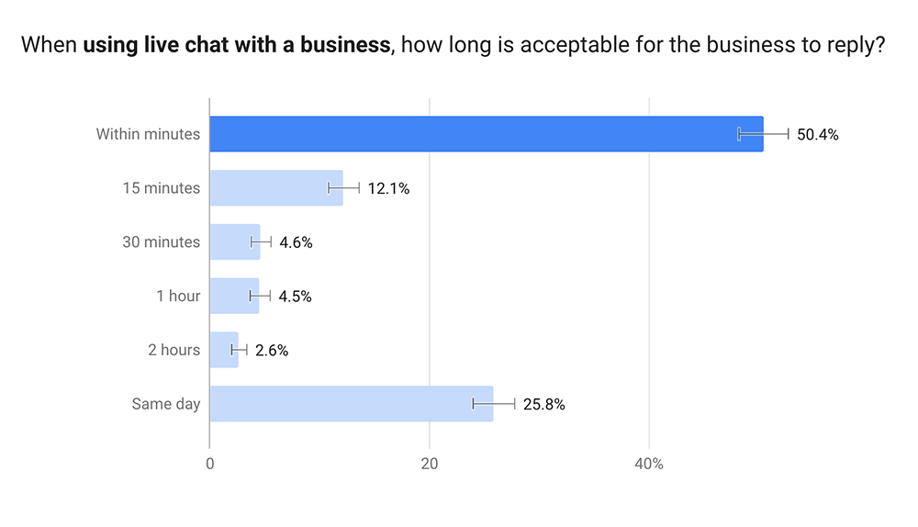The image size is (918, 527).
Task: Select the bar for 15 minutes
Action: click(x=275, y=188)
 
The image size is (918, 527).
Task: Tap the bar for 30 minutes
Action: click(x=234, y=242)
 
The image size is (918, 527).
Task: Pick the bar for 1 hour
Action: click(x=233, y=297)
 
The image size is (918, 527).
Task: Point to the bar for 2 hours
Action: click(x=223, y=350)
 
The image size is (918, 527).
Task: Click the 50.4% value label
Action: click(x=818, y=135)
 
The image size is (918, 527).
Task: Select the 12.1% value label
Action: click(x=388, y=189)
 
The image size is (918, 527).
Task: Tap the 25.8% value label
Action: click(x=544, y=405)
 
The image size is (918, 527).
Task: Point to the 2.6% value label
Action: click(x=272, y=351)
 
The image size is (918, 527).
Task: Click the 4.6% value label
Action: click(x=296, y=243)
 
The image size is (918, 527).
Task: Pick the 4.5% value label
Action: click(x=295, y=297)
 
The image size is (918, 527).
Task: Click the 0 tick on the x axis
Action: click(x=210, y=465)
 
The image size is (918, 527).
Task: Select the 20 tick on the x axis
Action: click(x=430, y=465)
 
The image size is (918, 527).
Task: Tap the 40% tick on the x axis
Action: click(x=649, y=465)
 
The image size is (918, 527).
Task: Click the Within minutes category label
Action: click(x=148, y=134)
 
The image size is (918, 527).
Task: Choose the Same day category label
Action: click(x=165, y=404)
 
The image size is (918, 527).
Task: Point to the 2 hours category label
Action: click(x=174, y=350)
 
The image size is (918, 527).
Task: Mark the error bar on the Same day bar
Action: click(x=494, y=404)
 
